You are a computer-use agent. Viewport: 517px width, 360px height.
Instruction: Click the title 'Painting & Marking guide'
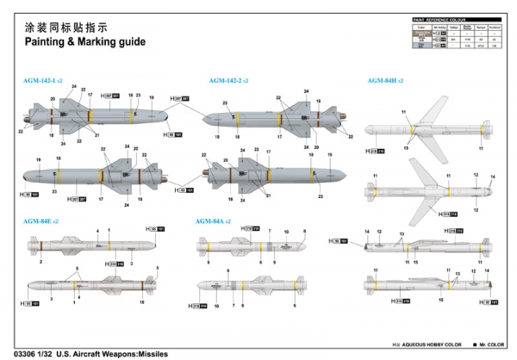click(x=85, y=41)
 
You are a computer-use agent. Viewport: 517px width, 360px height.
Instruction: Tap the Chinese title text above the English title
click(x=63, y=24)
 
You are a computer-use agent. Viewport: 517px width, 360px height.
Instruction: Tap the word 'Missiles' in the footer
click(x=148, y=353)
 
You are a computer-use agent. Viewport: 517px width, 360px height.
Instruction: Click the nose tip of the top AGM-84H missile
click(x=362, y=132)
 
